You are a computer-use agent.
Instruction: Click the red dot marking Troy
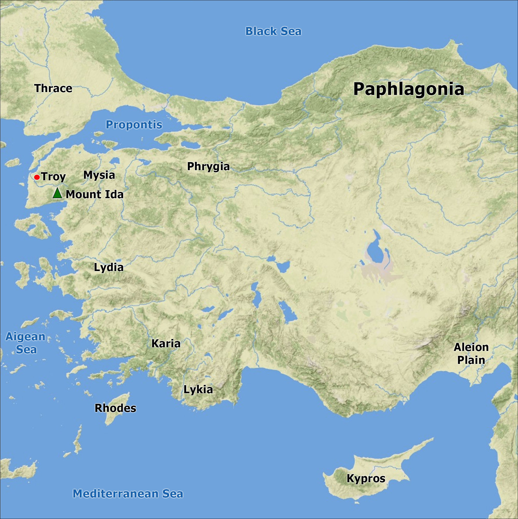pos(37,177)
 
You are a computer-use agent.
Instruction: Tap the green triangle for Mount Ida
pos(57,193)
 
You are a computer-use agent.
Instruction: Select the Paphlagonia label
pos(408,89)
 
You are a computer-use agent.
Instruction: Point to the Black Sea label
pos(273,31)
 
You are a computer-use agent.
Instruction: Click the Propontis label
pos(134,125)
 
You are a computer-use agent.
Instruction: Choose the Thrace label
pos(53,88)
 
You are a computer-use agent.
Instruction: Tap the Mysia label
pos(99,175)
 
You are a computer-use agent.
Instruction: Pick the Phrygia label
pos(208,167)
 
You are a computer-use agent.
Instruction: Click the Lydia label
pos(109,267)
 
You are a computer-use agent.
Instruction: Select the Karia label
pos(166,344)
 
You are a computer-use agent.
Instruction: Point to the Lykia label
pos(198,390)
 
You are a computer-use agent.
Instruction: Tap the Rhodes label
pos(115,408)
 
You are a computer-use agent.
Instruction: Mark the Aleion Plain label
pos(471,354)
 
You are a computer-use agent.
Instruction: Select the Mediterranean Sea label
pos(128,494)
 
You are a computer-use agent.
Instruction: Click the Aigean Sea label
pos(25,343)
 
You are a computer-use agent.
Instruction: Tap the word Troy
pos(53,177)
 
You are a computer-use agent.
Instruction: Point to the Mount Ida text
pos(95,195)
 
